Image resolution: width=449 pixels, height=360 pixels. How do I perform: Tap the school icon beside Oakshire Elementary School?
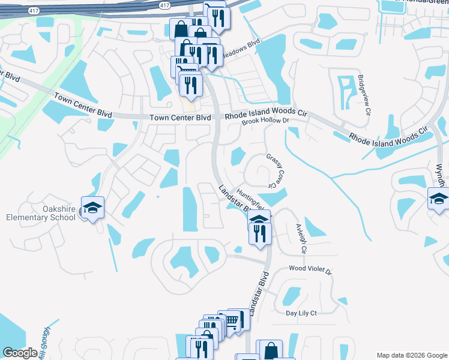(x=92, y=208)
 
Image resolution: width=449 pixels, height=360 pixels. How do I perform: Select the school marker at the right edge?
(x=439, y=199)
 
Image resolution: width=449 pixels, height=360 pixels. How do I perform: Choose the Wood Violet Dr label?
(x=310, y=270)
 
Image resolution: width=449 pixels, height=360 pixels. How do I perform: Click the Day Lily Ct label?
(x=301, y=313)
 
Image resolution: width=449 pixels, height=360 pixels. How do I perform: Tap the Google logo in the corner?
(x=20, y=353)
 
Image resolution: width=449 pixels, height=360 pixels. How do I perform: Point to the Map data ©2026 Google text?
(x=412, y=355)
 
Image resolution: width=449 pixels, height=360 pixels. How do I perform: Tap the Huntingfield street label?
(x=250, y=200)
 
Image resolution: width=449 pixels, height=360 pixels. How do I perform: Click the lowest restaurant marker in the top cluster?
(x=191, y=85)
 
